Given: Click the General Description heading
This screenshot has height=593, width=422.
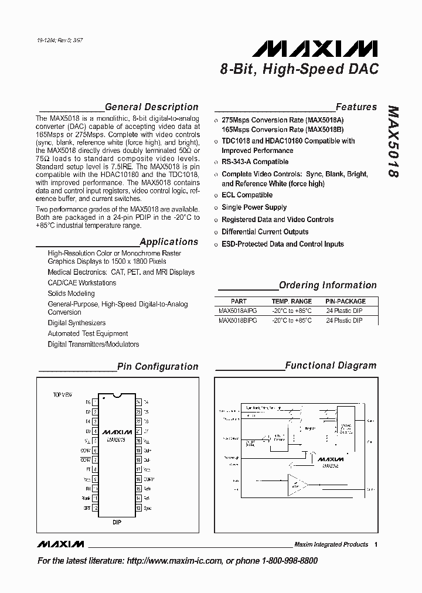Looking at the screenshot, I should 151,107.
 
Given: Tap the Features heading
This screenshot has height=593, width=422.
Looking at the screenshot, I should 356,107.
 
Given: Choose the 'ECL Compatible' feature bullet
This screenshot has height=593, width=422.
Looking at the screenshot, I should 247,195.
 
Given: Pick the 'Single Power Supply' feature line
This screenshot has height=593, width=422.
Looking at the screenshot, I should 254,207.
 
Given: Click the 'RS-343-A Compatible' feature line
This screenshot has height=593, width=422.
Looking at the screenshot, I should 254,162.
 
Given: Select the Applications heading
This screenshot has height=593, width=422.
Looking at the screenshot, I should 169,241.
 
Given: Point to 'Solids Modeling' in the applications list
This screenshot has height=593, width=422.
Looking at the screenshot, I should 71,294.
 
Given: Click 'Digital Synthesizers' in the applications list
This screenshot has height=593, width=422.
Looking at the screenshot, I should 77,323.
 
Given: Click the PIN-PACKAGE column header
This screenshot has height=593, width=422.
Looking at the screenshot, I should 345,301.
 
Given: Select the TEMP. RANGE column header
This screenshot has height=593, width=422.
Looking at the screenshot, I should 291,301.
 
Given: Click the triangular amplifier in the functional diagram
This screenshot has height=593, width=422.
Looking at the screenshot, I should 297,484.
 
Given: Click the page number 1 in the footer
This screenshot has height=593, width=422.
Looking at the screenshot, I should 375,544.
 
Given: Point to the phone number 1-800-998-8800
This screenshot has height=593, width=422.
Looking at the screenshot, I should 287,561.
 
